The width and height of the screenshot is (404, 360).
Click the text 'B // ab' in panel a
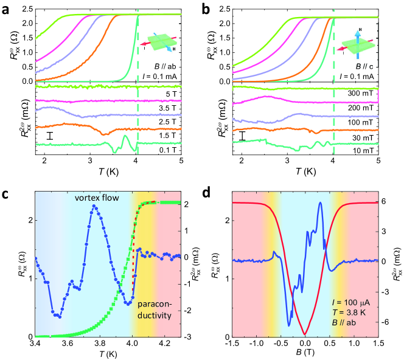coord(161,64)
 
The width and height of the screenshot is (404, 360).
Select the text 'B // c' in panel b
coord(359,64)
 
